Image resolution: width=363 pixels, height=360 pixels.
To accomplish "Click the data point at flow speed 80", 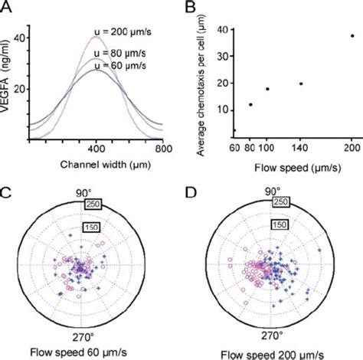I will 250,104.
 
